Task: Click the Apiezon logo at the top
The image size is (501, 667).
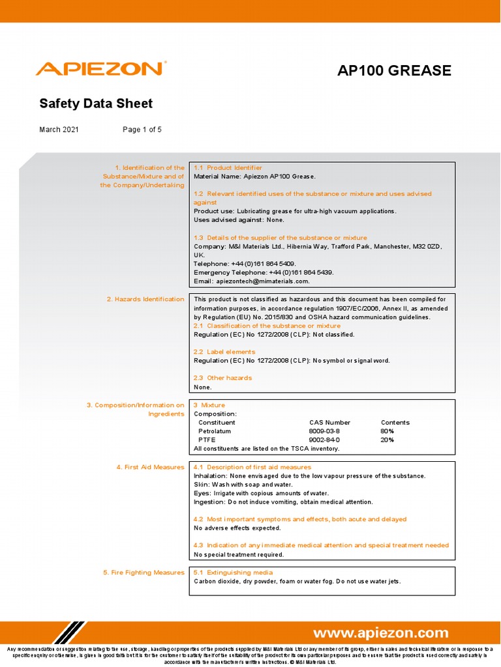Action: (x=100, y=69)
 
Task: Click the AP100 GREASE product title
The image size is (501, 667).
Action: (x=394, y=70)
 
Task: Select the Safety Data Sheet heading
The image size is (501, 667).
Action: (x=96, y=104)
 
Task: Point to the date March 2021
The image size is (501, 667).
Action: (x=59, y=130)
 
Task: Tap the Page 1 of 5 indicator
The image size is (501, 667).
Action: (x=142, y=130)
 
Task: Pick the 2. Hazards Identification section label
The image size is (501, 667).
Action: (x=145, y=300)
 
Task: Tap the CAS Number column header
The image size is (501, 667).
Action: (x=329, y=423)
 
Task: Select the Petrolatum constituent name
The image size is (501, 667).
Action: (x=217, y=431)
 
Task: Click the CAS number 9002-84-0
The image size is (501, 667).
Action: (x=324, y=440)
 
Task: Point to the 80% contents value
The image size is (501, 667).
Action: (x=387, y=431)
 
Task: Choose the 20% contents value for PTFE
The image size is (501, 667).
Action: (x=387, y=440)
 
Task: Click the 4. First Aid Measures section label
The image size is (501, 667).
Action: (x=150, y=468)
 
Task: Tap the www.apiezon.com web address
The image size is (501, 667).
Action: (x=381, y=633)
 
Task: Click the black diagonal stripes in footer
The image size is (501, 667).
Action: (x=69, y=633)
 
